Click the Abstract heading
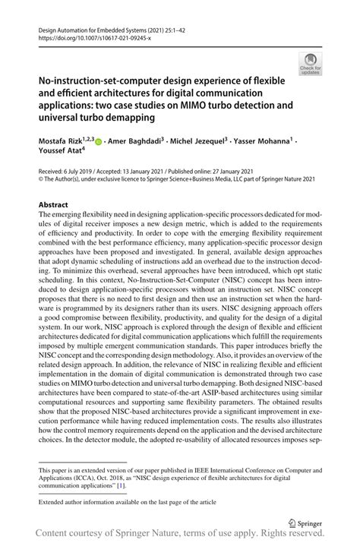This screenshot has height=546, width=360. [53, 205]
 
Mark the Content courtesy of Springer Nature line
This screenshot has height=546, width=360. [180, 536]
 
